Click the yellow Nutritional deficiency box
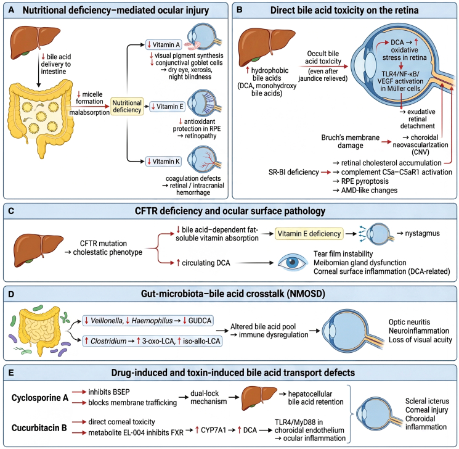point(127,106)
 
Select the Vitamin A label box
point(164,44)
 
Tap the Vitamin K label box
point(164,162)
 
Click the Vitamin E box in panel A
point(167,106)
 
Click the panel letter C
point(11,211)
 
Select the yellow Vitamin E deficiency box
point(309,234)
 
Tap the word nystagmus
point(422,233)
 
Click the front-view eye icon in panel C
point(293,262)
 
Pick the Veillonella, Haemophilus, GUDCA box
point(148,321)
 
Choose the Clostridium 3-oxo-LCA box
point(152,341)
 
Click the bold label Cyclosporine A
point(40,398)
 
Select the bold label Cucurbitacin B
point(39,428)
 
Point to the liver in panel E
point(259,398)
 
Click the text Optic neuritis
point(409,322)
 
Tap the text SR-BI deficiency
point(294,172)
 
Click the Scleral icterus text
point(427,401)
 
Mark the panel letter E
point(11,373)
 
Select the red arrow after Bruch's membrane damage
point(386,142)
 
